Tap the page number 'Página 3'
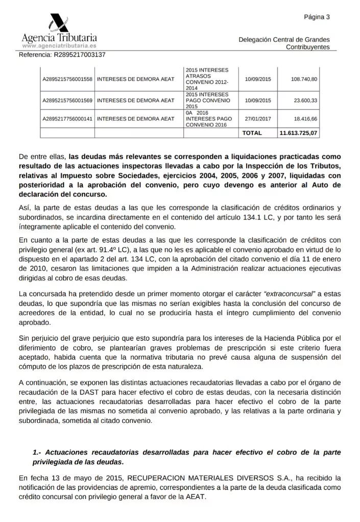click(x=317, y=17)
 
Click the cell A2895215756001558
click(x=67, y=79)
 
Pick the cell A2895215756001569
click(x=67, y=101)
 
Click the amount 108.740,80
click(x=304, y=79)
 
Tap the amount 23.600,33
click(x=305, y=101)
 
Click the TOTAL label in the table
click(x=252, y=133)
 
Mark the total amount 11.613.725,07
click(x=298, y=133)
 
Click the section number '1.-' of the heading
click(x=37, y=453)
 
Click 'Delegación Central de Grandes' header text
click(x=284, y=40)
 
